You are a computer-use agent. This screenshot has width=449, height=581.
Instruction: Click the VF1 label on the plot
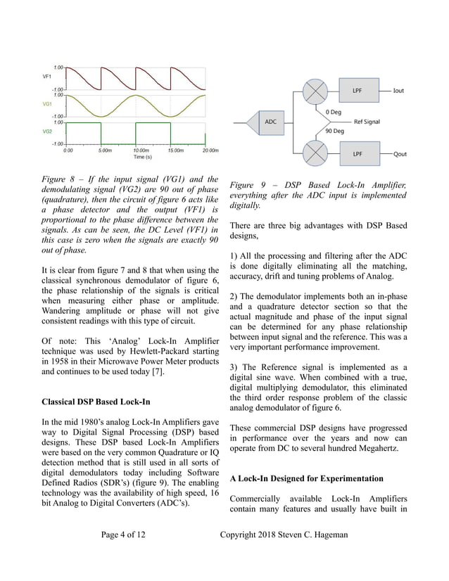coord(46,76)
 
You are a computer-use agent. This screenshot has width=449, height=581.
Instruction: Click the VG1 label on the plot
coord(47,103)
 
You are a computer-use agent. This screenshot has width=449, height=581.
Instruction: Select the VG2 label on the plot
coord(47,131)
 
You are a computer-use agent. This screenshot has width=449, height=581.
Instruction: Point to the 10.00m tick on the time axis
coord(140,150)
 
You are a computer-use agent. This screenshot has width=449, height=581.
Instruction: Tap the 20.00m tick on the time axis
coord(210,150)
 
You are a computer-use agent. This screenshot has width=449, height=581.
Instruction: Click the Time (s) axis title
coord(139,157)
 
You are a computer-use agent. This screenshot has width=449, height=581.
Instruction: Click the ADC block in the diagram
coord(270,121)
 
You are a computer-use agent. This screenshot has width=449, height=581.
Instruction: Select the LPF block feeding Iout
coord(358,91)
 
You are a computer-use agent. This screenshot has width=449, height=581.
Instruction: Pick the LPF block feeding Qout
coord(358,153)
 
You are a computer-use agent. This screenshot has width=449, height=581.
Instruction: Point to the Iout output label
coord(398,91)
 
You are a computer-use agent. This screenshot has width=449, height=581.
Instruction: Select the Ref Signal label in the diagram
coord(367,122)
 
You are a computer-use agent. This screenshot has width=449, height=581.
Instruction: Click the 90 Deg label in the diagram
coord(334,131)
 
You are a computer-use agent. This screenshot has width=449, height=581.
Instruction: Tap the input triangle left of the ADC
coord(244,121)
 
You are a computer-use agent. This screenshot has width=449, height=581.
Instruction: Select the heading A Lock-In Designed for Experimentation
coord(306,478)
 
